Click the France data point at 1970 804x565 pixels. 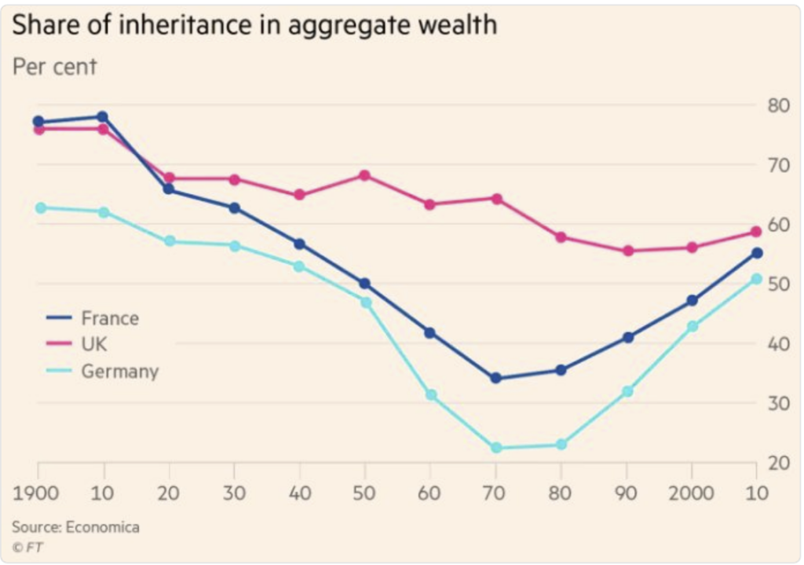pos(495,378)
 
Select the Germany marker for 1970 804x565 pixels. pos(495,448)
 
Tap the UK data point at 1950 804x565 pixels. pos(364,175)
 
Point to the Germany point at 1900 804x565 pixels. pos(38,207)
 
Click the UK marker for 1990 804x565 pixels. pos(627,251)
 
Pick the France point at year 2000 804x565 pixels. pos(692,300)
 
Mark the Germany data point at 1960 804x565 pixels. pos(430,394)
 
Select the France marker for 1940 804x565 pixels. pos(299,244)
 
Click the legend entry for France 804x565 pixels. pos(109,318)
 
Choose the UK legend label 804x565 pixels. pos(96,345)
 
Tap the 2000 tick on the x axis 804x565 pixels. pos(692,493)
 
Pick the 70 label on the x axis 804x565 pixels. pos(495,493)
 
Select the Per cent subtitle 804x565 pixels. pos(54,67)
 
